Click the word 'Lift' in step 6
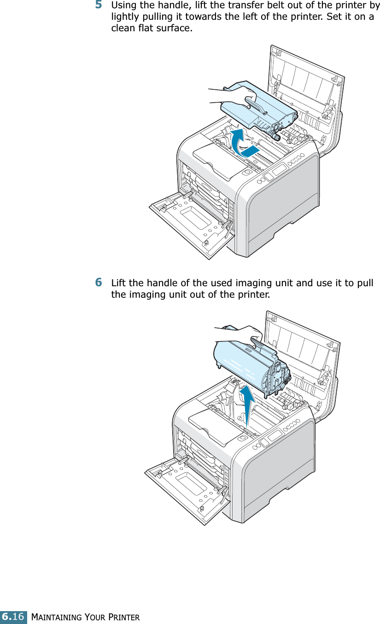pyautogui.click(x=119, y=283)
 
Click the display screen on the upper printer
pyautogui.click(x=280, y=170)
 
